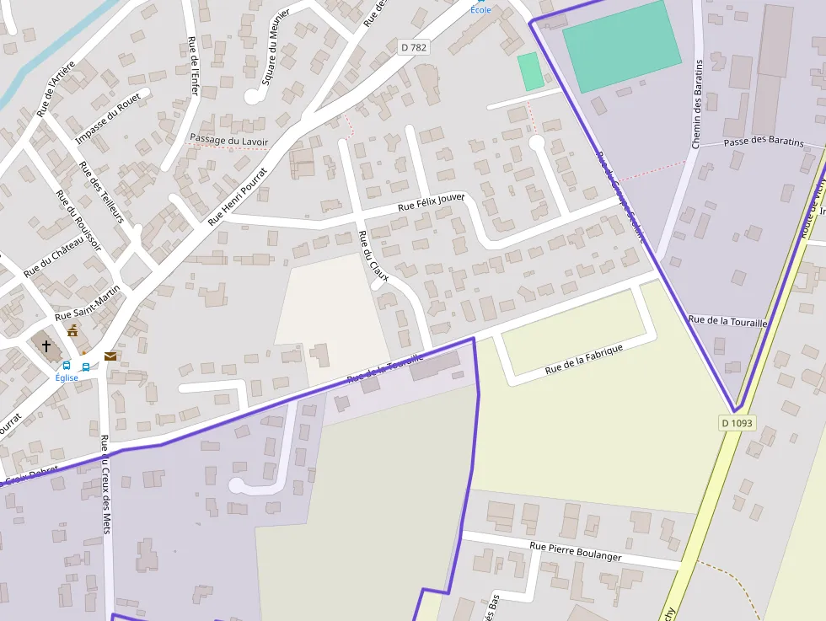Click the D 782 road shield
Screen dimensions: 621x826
413,48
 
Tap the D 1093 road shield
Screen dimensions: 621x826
737,422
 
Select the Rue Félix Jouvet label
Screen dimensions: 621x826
432,201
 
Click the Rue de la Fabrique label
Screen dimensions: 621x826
583,359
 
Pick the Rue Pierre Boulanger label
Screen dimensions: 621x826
576,551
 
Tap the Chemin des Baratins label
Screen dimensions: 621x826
697,104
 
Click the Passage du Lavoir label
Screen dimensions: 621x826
228,140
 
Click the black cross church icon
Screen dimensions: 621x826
46,345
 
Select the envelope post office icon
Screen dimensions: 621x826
110,356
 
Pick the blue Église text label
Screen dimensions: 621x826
67,377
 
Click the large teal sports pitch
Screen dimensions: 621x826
621,46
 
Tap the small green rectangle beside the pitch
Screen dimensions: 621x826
530,71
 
